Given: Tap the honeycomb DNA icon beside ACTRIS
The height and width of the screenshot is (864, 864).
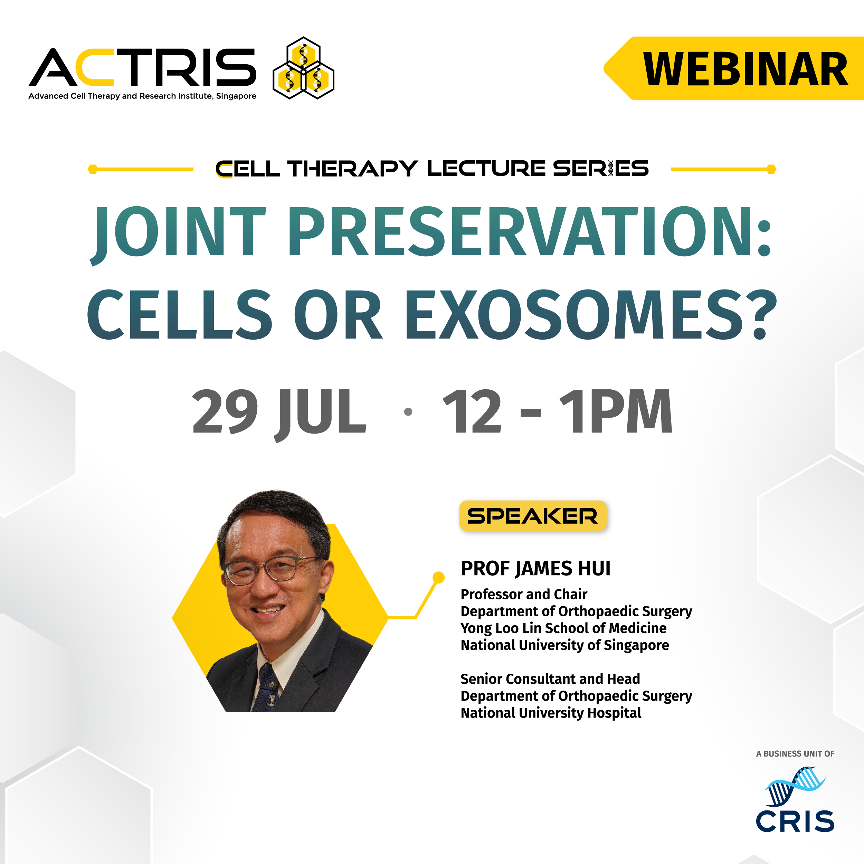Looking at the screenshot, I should [303, 68].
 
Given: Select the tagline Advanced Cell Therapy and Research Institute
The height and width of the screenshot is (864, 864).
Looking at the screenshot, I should [142, 96].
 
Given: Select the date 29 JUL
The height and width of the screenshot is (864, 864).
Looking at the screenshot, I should [279, 412].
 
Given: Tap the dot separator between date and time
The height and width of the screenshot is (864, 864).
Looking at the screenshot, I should [408, 412].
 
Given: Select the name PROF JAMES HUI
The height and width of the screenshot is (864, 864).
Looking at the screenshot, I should [535, 568].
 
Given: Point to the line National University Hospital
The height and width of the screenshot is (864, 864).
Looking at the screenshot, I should [551, 713].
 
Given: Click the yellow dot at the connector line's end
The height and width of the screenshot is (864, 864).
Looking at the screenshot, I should [439, 577].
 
